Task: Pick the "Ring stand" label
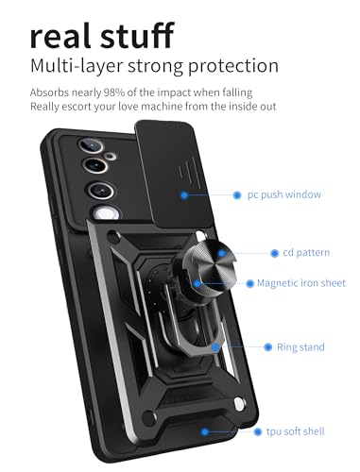click(x=300, y=347)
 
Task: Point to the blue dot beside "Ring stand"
click(x=267, y=347)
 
